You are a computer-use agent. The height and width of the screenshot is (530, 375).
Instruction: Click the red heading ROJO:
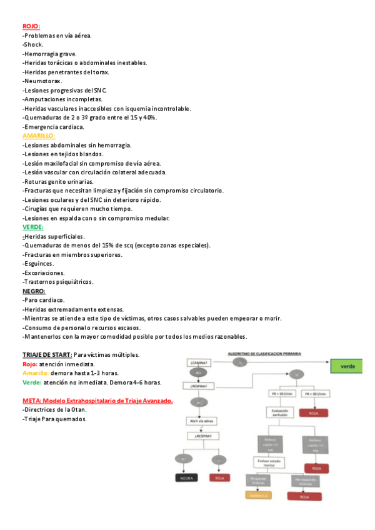pyautogui.click(x=31, y=26)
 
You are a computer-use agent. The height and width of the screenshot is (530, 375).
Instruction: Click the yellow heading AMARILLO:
pyautogui.click(x=39, y=136)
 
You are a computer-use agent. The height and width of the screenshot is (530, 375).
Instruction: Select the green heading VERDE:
pyautogui.click(x=32, y=227)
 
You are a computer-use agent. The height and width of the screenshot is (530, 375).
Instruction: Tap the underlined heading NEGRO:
pyautogui.click(x=33, y=291)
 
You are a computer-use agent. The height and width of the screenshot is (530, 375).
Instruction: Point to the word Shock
pyautogui.click(x=33, y=44)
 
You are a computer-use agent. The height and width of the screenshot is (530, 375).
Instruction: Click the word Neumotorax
pyautogui.click(x=42, y=81)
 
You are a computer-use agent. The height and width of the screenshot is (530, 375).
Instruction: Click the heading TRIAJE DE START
pyautogui.click(x=47, y=354)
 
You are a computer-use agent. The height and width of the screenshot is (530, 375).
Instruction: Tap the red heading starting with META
pyautogui.click(x=97, y=400)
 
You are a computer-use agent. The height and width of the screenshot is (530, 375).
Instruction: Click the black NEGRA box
pyautogui.click(x=186, y=478)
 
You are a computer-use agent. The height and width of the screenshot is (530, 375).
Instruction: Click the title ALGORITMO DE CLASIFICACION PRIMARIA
pyautogui.click(x=264, y=353)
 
